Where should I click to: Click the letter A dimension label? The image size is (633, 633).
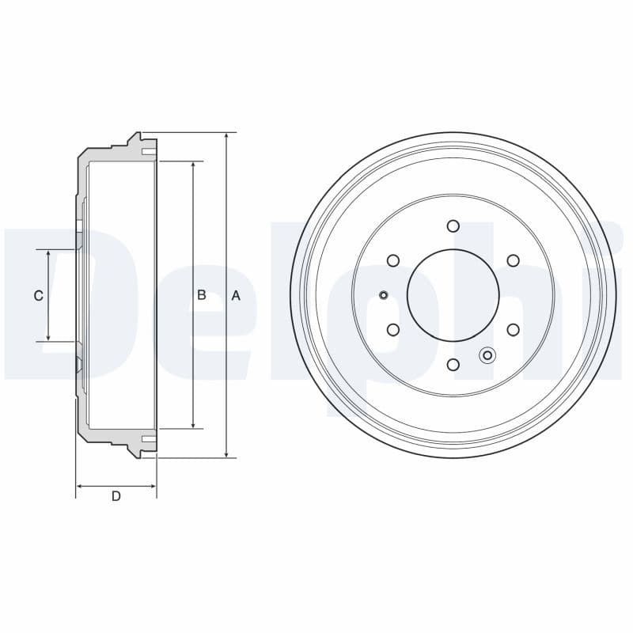tap(235, 295)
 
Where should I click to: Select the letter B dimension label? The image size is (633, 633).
tap(202, 295)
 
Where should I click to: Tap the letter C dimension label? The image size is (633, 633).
tap(38, 296)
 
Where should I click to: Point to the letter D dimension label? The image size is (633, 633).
tap(116, 496)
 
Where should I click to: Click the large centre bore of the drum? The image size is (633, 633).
tap(453, 294)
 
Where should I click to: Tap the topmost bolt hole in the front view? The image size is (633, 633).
tap(453, 226)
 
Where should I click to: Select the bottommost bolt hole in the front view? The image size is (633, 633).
tap(453, 364)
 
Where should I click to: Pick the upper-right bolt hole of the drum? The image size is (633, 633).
tap(513, 260)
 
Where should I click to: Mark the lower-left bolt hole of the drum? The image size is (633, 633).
tap(393, 329)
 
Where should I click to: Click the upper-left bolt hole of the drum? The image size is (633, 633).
tap(393, 260)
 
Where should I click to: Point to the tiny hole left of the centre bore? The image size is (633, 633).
tap(384, 295)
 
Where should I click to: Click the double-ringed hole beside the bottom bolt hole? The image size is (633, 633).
tap(487, 355)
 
